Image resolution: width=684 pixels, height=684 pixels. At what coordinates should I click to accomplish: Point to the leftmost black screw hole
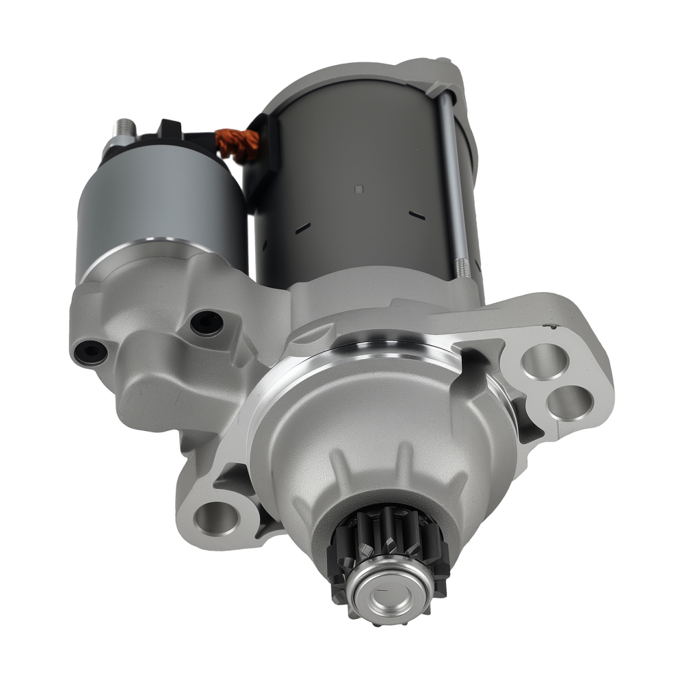tap(91, 352)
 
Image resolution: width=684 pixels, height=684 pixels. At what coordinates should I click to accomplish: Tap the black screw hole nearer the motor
tap(207, 323)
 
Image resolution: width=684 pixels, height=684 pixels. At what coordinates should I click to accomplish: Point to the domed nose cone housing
tap(383, 438)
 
